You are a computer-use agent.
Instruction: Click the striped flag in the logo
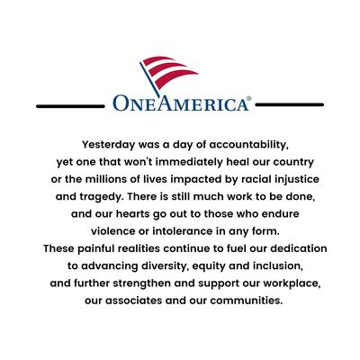167,71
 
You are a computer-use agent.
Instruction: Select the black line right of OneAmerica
291,104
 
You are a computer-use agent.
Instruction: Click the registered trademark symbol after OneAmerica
249,98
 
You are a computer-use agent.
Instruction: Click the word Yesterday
112,143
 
